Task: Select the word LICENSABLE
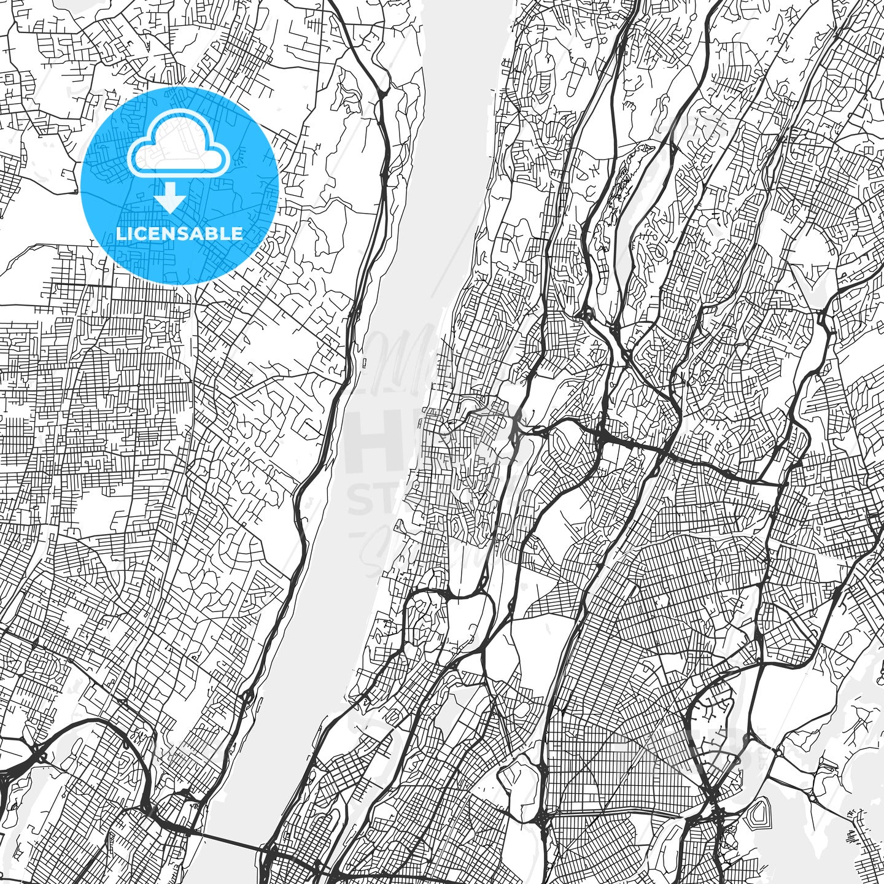[x=179, y=233]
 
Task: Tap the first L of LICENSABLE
[x=121, y=233]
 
